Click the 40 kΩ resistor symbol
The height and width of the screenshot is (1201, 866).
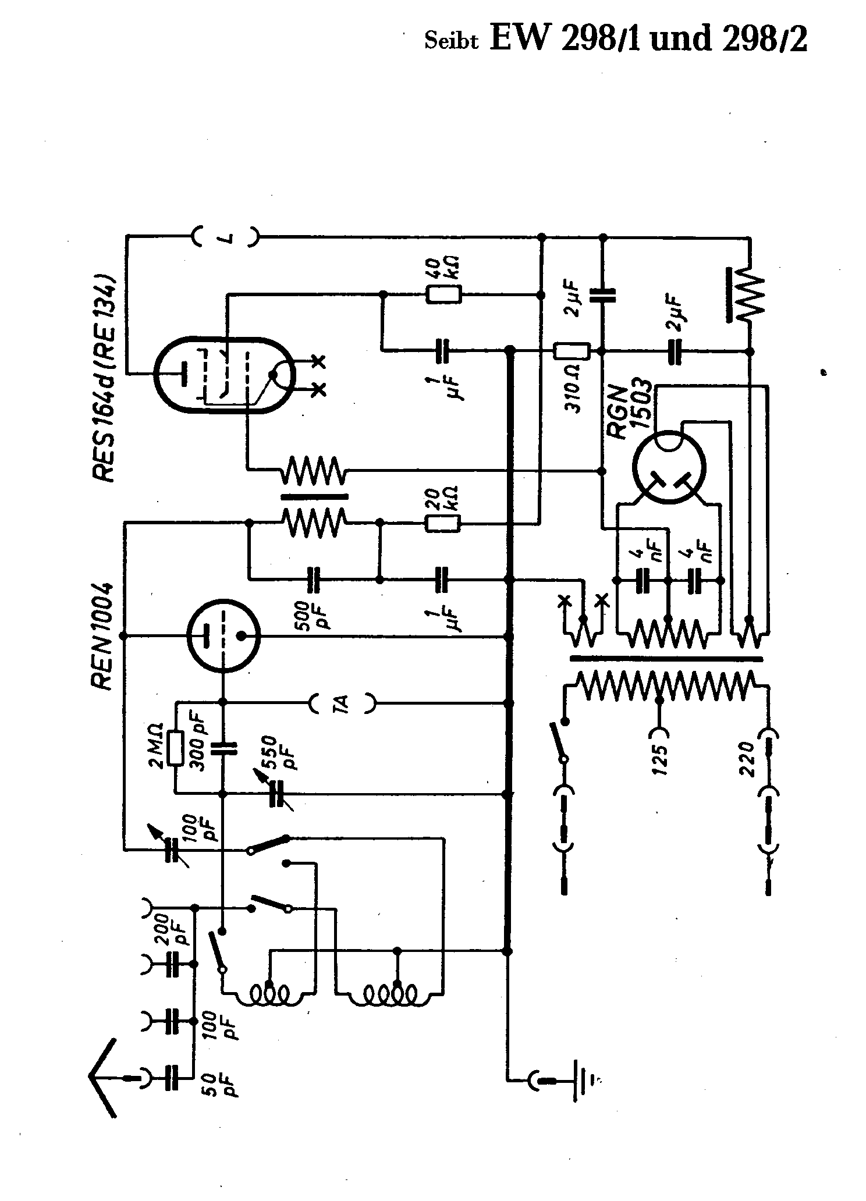tap(444, 295)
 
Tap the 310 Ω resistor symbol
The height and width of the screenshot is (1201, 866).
tap(572, 351)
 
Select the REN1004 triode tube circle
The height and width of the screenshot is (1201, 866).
tap(223, 637)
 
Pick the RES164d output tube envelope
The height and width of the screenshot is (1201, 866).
tap(224, 375)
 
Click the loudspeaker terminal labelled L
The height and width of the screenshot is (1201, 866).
tap(227, 237)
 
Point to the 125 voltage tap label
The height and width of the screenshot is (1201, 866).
tap(661, 760)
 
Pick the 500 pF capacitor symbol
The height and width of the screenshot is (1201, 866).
tap(315, 580)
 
